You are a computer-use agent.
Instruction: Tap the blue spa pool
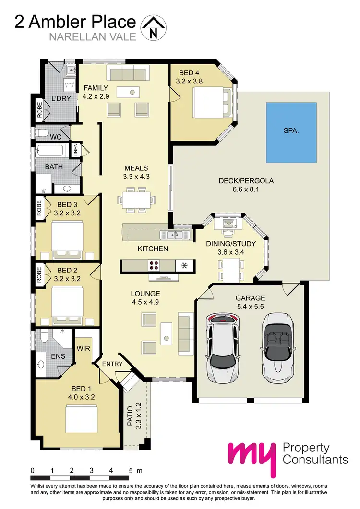(291, 132)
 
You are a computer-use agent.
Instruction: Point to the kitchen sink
(172, 235)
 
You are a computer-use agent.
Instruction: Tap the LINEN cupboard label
(75, 150)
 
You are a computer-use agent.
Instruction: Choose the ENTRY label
(113, 364)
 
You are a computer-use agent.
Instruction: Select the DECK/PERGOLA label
(246, 181)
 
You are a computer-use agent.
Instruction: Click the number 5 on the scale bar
(131, 470)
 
